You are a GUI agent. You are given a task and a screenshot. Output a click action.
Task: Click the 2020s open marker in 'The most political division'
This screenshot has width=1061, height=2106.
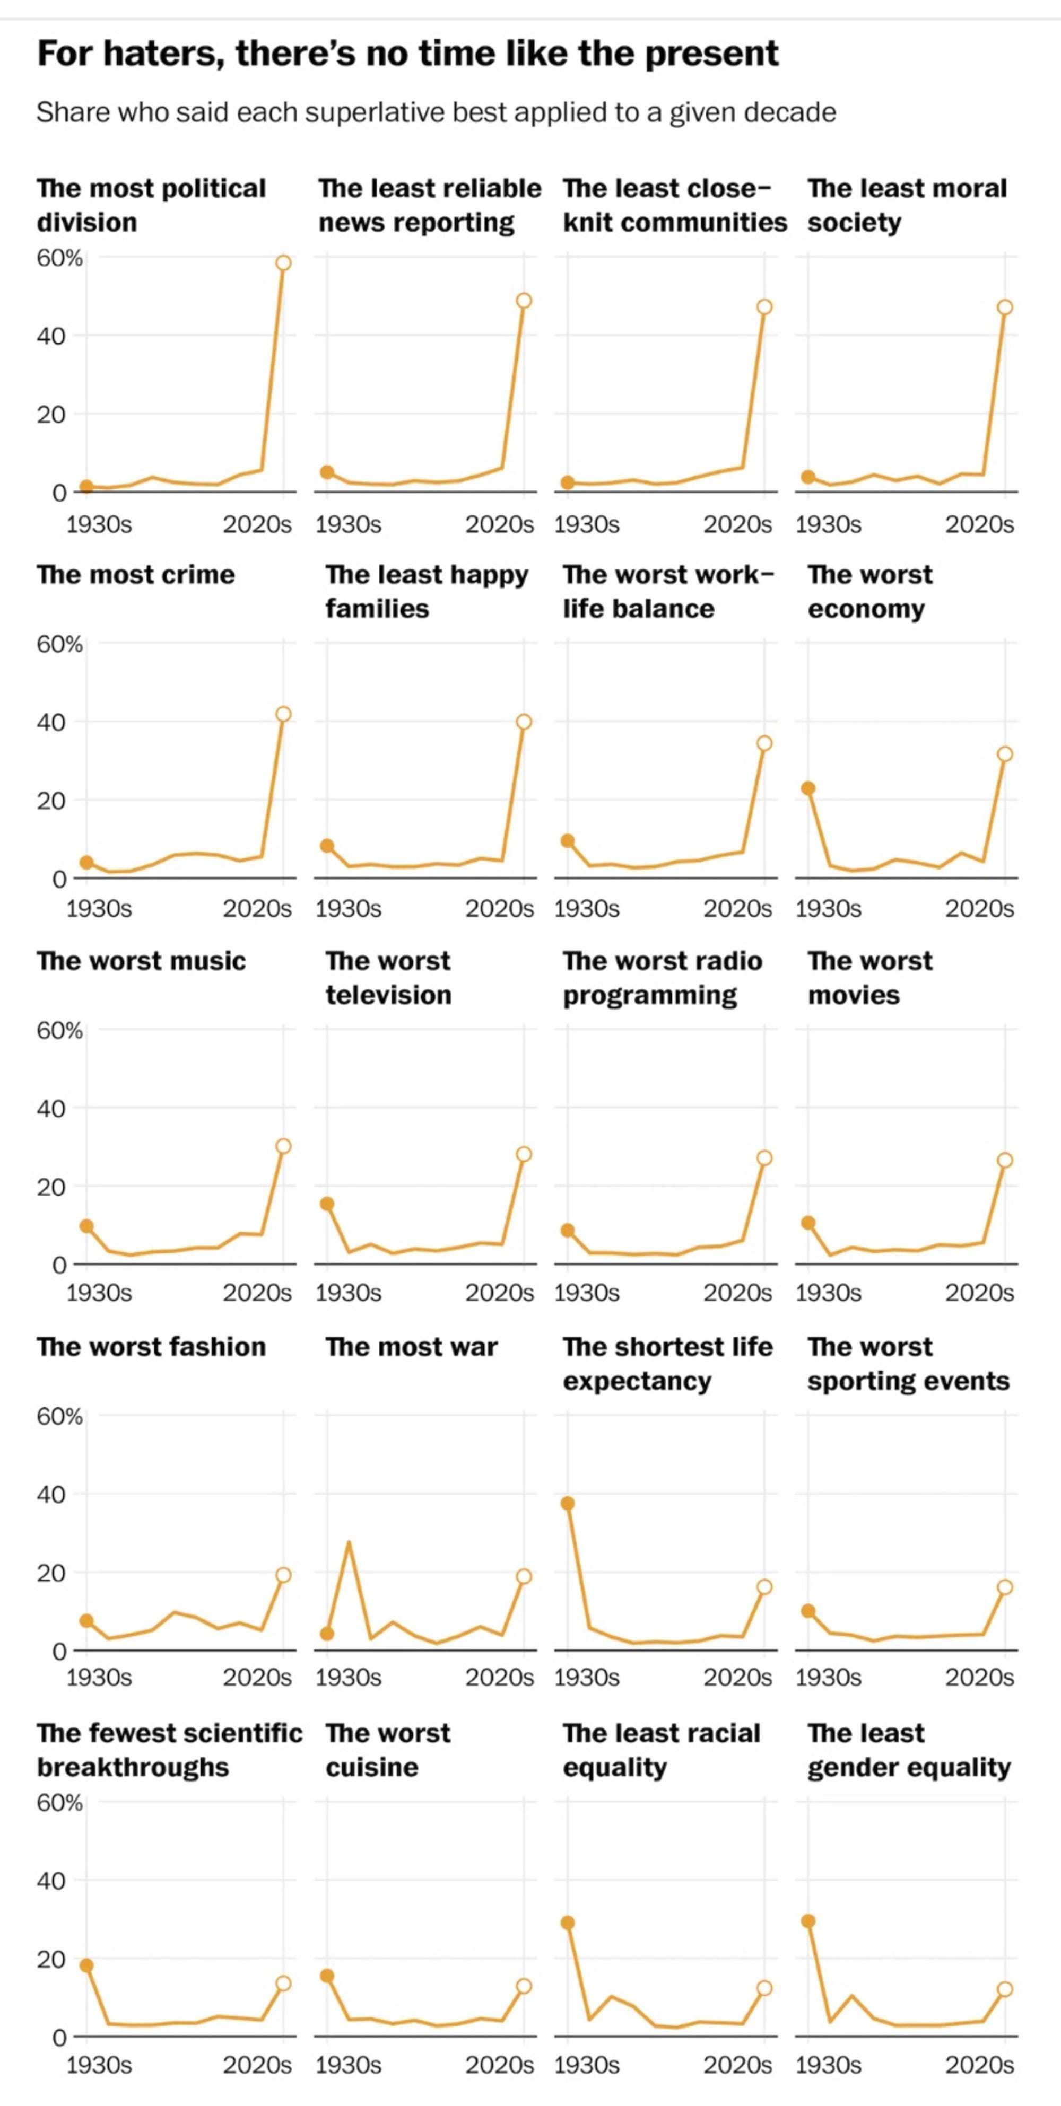click(283, 262)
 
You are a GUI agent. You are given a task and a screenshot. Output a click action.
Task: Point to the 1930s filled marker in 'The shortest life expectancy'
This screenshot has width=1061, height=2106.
click(568, 1503)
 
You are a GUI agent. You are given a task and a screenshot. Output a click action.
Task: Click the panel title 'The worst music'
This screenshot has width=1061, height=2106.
click(141, 961)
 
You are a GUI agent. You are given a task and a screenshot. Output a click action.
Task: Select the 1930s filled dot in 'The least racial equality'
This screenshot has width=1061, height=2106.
click(568, 1922)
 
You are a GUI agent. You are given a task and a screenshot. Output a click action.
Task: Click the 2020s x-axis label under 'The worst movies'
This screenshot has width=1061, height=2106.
click(979, 1293)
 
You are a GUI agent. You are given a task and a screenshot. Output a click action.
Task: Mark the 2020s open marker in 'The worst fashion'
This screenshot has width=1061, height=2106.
click(283, 1575)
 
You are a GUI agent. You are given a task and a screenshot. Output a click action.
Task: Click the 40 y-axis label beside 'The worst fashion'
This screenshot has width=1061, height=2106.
click(51, 1495)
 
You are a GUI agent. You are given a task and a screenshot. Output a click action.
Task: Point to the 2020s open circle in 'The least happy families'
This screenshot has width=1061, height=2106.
click(524, 721)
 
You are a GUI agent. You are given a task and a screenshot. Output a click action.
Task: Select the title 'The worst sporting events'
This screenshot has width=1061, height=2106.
click(908, 1364)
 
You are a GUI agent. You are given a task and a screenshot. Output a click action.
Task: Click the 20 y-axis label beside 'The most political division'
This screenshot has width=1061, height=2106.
click(51, 415)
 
